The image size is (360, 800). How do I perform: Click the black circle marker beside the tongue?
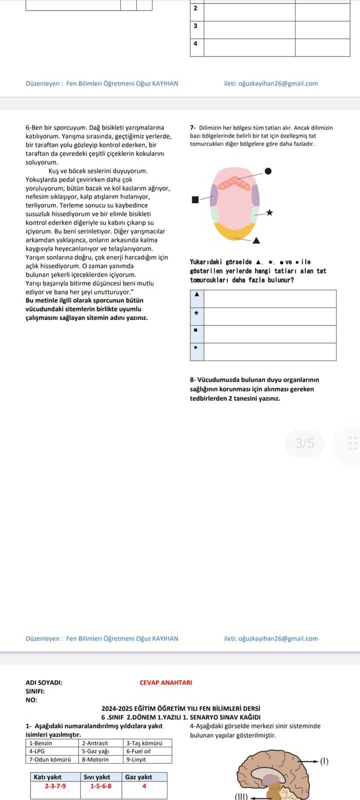tap(268, 171)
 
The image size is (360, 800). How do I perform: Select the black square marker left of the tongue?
tap(195, 199)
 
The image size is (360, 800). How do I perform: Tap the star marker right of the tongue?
tap(269, 212)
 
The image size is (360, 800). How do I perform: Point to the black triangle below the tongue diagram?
tap(256, 240)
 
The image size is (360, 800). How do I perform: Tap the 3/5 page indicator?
tap(305, 443)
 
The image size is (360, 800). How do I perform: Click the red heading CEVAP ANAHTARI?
tap(166, 682)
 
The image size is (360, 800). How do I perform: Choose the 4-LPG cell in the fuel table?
tap(52, 751)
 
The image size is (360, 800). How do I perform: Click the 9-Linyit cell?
tap(148, 759)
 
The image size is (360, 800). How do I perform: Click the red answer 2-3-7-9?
tap(55, 786)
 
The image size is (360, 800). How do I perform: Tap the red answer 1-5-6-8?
tap(101, 786)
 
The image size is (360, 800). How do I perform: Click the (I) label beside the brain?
tap(324, 761)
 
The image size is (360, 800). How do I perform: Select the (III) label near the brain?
tap(241, 796)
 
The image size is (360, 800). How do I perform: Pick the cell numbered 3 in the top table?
tap(195, 26)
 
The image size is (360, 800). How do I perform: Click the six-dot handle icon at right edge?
tap(352, 443)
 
